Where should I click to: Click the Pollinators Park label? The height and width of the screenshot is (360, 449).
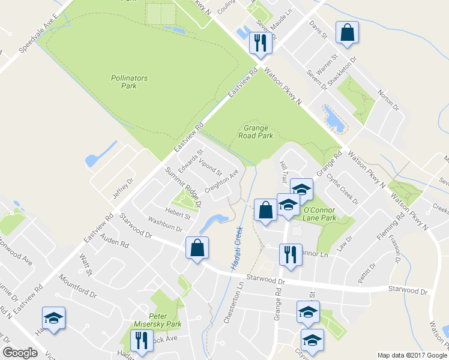click(129, 82)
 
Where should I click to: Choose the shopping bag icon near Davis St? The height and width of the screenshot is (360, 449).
click(348, 33)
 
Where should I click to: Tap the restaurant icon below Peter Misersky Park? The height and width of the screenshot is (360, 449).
click(141, 342)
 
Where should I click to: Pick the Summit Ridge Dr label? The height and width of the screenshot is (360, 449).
click(184, 187)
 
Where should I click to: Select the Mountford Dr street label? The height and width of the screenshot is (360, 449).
click(78, 286)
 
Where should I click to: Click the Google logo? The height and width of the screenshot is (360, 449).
click(20, 353)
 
